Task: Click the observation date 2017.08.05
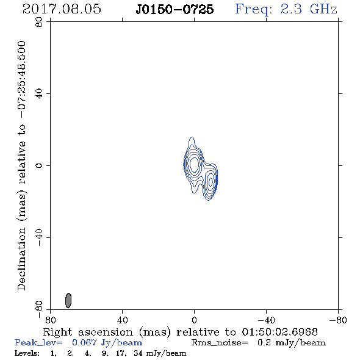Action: pos(62,9)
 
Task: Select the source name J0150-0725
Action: pos(175,10)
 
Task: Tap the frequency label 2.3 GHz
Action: pos(309,9)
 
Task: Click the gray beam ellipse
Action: pos(68,300)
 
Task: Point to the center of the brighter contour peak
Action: pos(194,164)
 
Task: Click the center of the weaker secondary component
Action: pos(211,182)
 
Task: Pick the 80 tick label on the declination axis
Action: pos(39,22)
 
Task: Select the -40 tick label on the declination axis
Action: pos(39,237)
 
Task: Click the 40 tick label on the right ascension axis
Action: pos(122,320)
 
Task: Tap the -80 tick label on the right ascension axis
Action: pos(338,320)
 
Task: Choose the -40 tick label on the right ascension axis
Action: pos(266,320)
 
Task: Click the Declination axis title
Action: pos(21,165)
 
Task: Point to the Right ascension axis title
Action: pos(180,332)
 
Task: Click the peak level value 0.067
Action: pos(84,342)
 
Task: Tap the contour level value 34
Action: pos(138,353)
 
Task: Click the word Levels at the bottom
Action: pos(27,353)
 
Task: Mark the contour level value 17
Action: pos(121,353)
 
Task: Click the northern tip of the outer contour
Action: pos(192,137)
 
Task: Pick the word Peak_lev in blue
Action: pos(38,343)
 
